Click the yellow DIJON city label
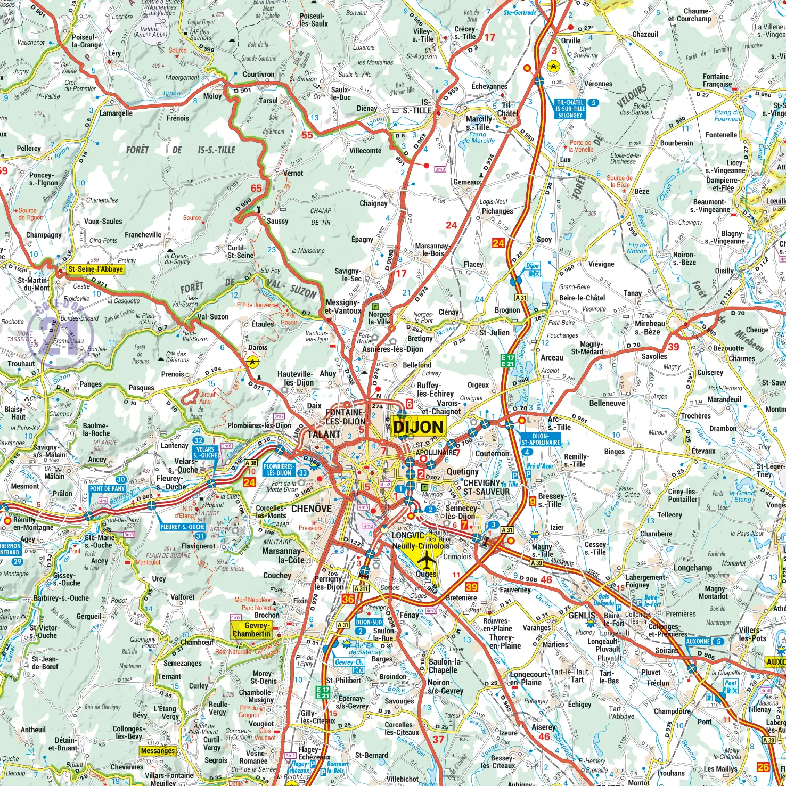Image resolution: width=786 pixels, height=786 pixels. (419, 427)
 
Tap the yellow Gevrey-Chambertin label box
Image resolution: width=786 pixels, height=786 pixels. (251, 629)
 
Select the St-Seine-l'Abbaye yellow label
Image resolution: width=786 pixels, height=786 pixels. (95, 269)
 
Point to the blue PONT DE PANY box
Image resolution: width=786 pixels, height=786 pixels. (107, 488)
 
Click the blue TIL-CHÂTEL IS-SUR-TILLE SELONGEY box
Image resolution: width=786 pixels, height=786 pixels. (570, 109)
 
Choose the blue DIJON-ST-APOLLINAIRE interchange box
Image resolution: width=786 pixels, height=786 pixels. (541, 439)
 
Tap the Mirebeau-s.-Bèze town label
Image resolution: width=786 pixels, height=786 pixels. (650, 327)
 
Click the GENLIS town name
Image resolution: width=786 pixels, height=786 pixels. (582, 615)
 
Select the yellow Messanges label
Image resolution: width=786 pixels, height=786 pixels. (158, 751)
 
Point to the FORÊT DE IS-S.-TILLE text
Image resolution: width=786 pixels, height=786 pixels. (181, 150)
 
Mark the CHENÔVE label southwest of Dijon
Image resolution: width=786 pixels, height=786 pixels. (311, 509)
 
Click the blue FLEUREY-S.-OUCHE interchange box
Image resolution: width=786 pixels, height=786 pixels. (183, 527)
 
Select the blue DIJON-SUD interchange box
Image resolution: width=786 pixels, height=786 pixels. (369, 622)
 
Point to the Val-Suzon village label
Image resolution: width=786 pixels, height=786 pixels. (212, 317)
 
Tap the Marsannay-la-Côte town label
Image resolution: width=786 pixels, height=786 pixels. (283, 555)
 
